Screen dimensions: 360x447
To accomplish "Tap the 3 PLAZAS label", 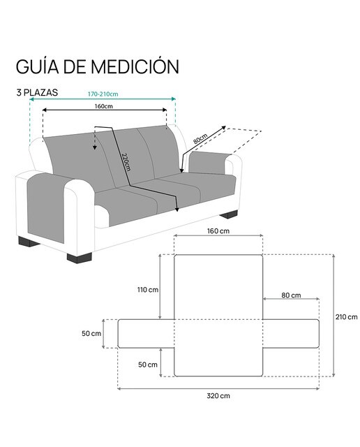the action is click(37, 93).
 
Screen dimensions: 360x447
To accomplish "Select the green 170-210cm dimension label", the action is click(103, 94).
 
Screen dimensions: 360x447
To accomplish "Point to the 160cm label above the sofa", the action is click(104, 106).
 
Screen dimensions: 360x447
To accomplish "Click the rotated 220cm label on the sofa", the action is click(126, 162).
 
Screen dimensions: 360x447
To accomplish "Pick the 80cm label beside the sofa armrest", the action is click(200, 138).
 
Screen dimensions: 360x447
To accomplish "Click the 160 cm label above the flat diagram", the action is click(218, 231).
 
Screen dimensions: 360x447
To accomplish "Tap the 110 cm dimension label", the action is click(148, 290).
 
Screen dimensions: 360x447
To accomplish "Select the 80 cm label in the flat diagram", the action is click(291, 295).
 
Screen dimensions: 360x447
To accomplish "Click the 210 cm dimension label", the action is click(346, 316).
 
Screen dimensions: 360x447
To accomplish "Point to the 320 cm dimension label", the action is click(218, 396).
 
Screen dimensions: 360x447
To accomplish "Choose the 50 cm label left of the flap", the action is click(91, 333).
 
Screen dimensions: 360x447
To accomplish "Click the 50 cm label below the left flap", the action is click(148, 365).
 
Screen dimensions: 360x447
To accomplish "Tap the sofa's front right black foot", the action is click(79, 258).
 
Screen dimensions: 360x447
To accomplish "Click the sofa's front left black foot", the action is click(28, 242).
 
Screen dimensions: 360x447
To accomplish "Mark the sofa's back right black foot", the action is click(229, 214).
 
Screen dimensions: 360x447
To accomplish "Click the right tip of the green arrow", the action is click(175, 99).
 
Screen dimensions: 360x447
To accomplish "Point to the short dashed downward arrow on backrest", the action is click(95, 138).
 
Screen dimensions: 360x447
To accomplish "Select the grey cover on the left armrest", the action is click(47, 207).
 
